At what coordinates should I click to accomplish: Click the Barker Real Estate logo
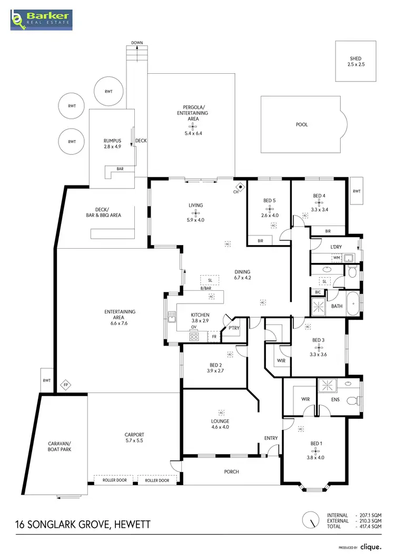pos(42,20)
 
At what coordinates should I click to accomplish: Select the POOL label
pos(302,125)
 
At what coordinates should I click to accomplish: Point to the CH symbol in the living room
pos(240,187)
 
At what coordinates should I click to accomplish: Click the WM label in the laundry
pos(336,258)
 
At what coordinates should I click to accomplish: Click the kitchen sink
pos(172,317)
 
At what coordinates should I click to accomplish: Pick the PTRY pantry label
pos(234,328)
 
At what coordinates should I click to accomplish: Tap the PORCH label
pos(232,472)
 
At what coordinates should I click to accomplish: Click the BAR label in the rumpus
pos(120,169)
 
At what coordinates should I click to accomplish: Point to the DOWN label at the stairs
pos(137,43)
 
